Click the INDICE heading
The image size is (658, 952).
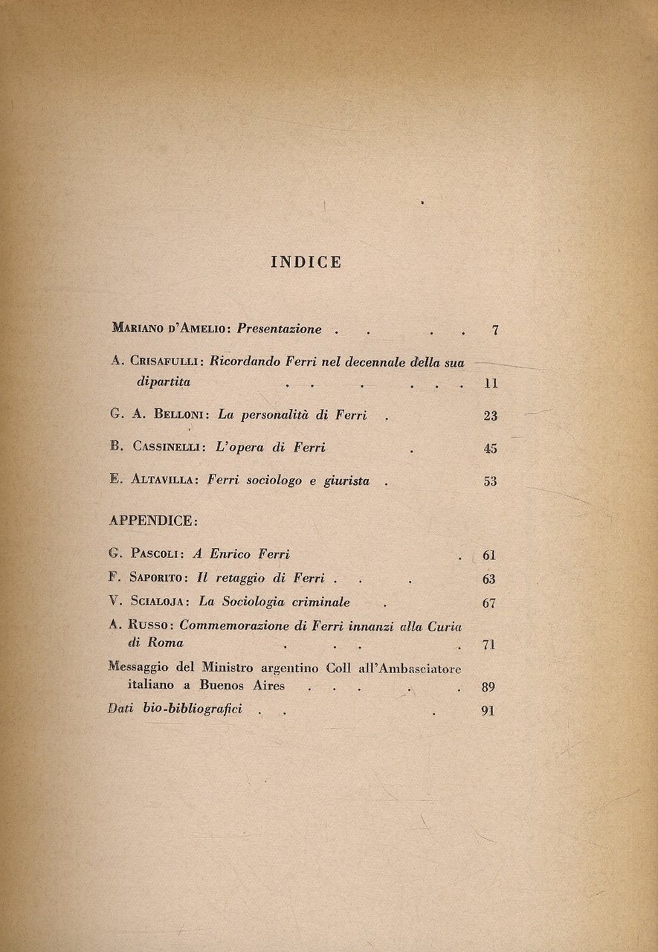(306, 262)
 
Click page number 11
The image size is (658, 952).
(489, 385)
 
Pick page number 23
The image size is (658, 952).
(490, 416)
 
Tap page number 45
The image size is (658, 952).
(490, 448)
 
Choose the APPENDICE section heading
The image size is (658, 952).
(153, 521)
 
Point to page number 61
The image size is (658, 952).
(488, 555)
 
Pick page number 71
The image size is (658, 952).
(488, 644)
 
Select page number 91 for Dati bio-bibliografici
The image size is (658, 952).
(488, 710)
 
